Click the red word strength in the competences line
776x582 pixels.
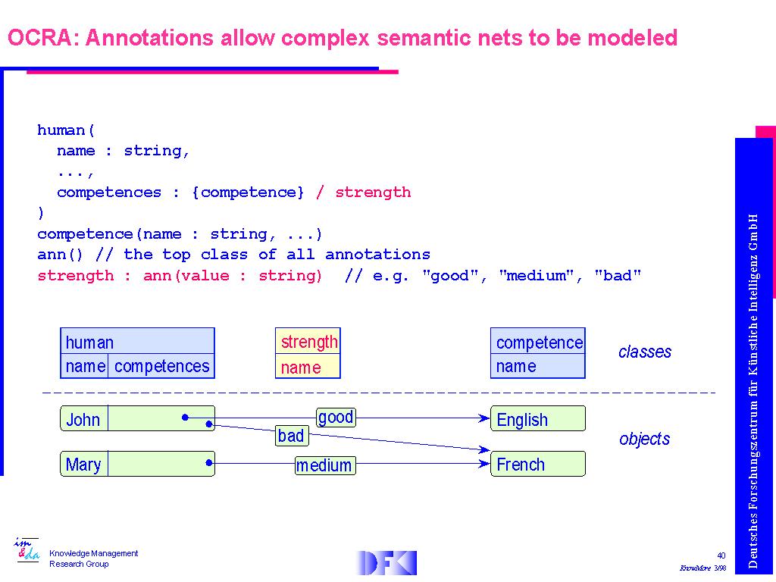pos(373,192)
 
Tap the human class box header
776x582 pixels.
pos(137,342)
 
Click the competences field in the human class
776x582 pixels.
pos(161,366)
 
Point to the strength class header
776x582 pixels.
pos(308,342)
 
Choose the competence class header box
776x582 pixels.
pos(538,343)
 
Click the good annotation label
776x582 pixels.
pos(335,417)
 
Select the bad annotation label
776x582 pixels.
pos(291,436)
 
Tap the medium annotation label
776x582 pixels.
pos(324,465)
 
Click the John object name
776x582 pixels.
pos(83,419)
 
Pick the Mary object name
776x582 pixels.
pos(83,465)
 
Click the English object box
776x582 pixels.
pos(538,419)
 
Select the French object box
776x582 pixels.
pos(538,465)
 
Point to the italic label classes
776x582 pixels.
pos(645,352)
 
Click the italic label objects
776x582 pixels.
pos(645,439)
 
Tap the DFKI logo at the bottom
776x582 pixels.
pos(387,562)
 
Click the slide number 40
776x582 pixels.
pos(721,556)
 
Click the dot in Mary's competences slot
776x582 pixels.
pos(208,462)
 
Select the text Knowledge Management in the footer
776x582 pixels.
pos(94,553)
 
